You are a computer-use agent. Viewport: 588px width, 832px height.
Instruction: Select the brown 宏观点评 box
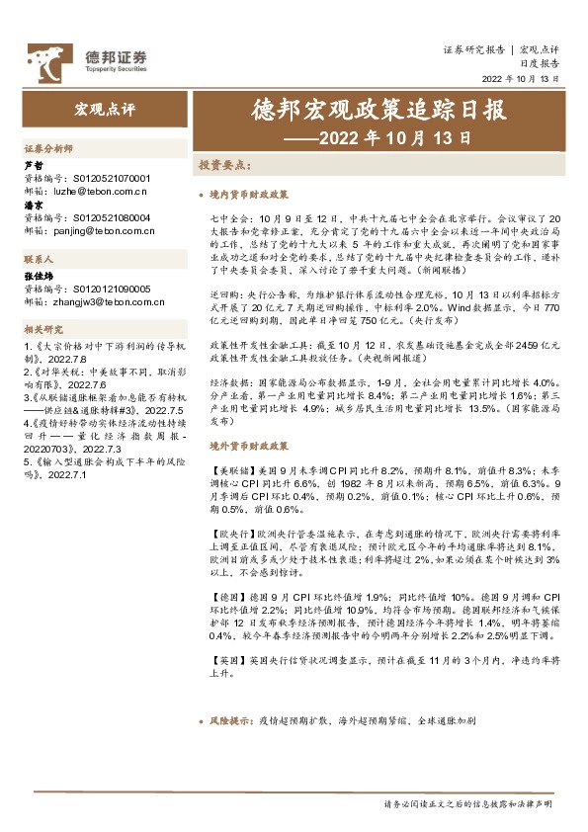pyautogui.click(x=95, y=106)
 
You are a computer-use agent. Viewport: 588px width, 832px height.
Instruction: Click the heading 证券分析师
pyautogui.click(x=47, y=147)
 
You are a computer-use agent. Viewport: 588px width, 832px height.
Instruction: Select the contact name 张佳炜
pyautogui.click(x=38, y=278)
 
